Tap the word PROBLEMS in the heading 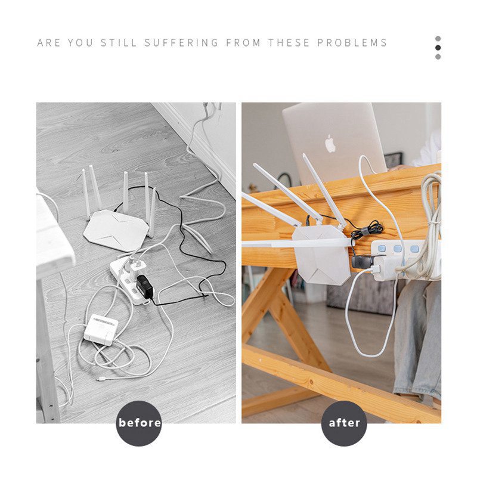pos(352,43)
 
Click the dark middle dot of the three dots pos(438,48)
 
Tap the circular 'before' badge pos(140,423)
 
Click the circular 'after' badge pos(345,423)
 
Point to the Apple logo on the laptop pos(330,143)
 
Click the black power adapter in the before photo pos(144,287)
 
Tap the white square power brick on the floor pos(101,329)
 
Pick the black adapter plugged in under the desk pos(361,261)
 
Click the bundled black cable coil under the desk pos(368,228)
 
